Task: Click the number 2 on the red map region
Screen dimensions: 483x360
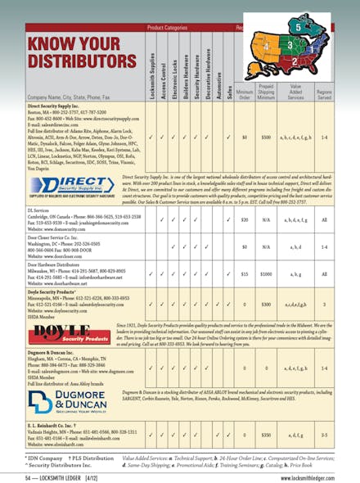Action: tap(295, 61)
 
